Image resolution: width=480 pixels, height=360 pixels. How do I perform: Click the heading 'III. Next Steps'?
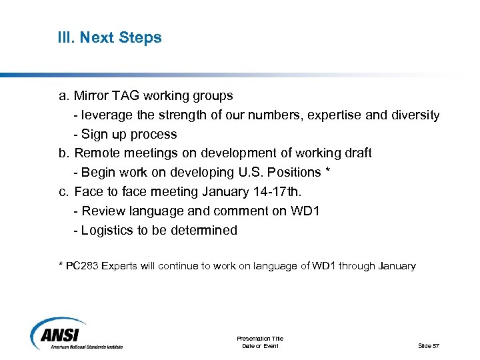pyautogui.click(x=109, y=37)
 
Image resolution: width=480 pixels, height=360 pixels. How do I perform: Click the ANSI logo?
pyautogui.click(x=77, y=333)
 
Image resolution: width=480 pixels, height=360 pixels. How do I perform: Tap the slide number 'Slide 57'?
pyautogui.click(x=429, y=345)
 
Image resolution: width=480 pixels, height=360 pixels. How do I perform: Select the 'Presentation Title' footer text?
pyautogui.click(x=259, y=339)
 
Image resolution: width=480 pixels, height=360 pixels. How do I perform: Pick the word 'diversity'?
pyautogui.click(x=413, y=115)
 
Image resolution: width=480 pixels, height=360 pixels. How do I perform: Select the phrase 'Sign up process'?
pyautogui.click(x=129, y=134)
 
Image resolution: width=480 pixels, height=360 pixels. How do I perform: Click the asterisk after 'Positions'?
pyautogui.click(x=327, y=171)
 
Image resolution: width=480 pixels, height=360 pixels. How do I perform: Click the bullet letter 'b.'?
pyautogui.click(x=65, y=153)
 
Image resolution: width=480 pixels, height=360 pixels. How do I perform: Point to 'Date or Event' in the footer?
pyautogui.click(x=259, y=346)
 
